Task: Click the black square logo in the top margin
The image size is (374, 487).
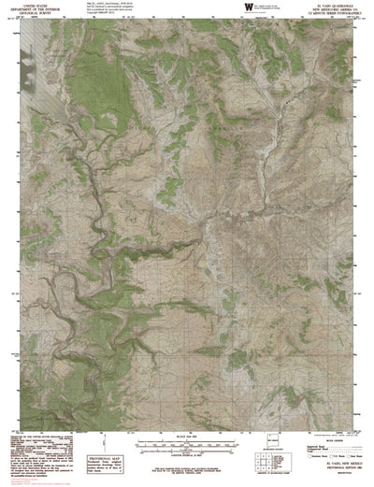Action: click(247, 7)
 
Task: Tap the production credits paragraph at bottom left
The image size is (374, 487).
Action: click(37, 430)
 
